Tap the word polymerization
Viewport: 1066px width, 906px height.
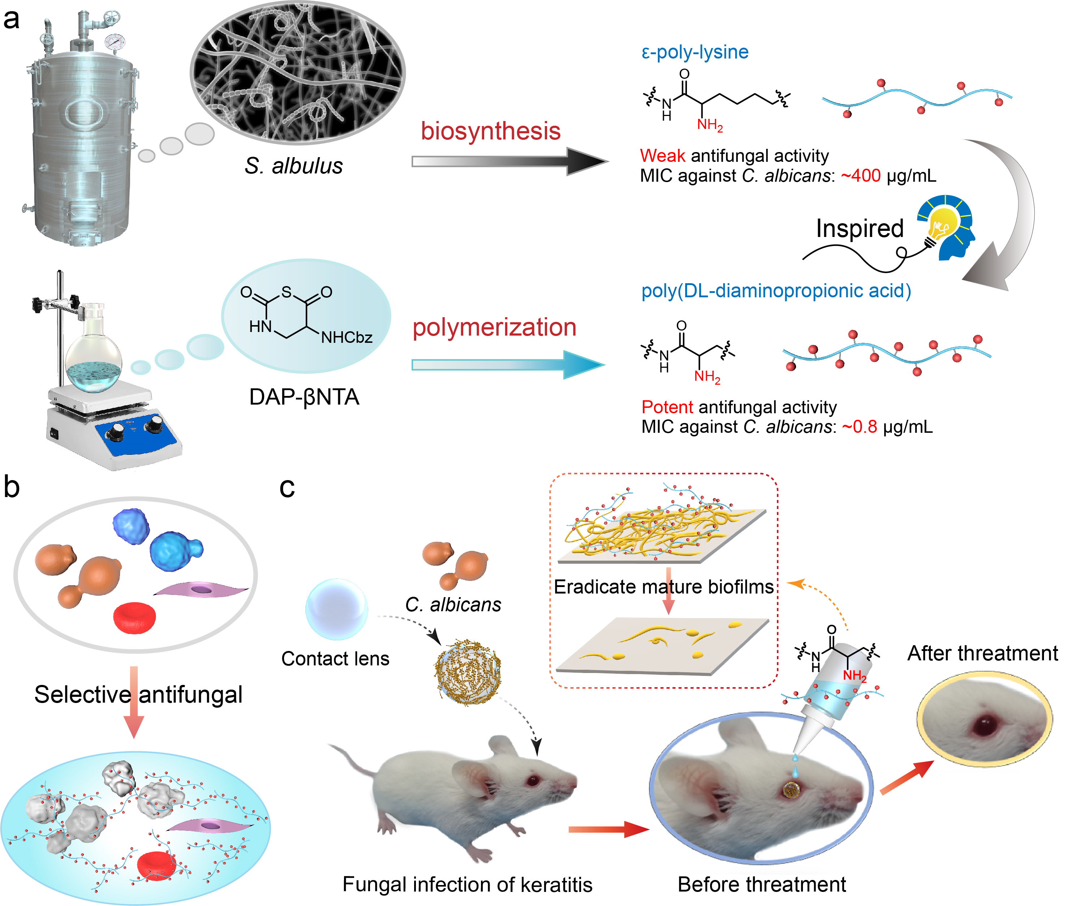[494, 328]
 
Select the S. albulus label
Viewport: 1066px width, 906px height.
[293, 166]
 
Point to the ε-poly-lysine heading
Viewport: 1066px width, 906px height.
[695, 52]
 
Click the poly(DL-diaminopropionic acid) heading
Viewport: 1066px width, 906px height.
[776, 291]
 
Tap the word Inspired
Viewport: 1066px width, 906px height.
[859, 229]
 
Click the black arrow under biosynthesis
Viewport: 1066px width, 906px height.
[508, 161]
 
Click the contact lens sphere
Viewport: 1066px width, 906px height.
[336, 610]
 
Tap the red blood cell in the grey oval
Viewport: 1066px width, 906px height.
[134, 618]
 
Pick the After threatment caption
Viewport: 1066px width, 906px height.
[982, 653]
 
